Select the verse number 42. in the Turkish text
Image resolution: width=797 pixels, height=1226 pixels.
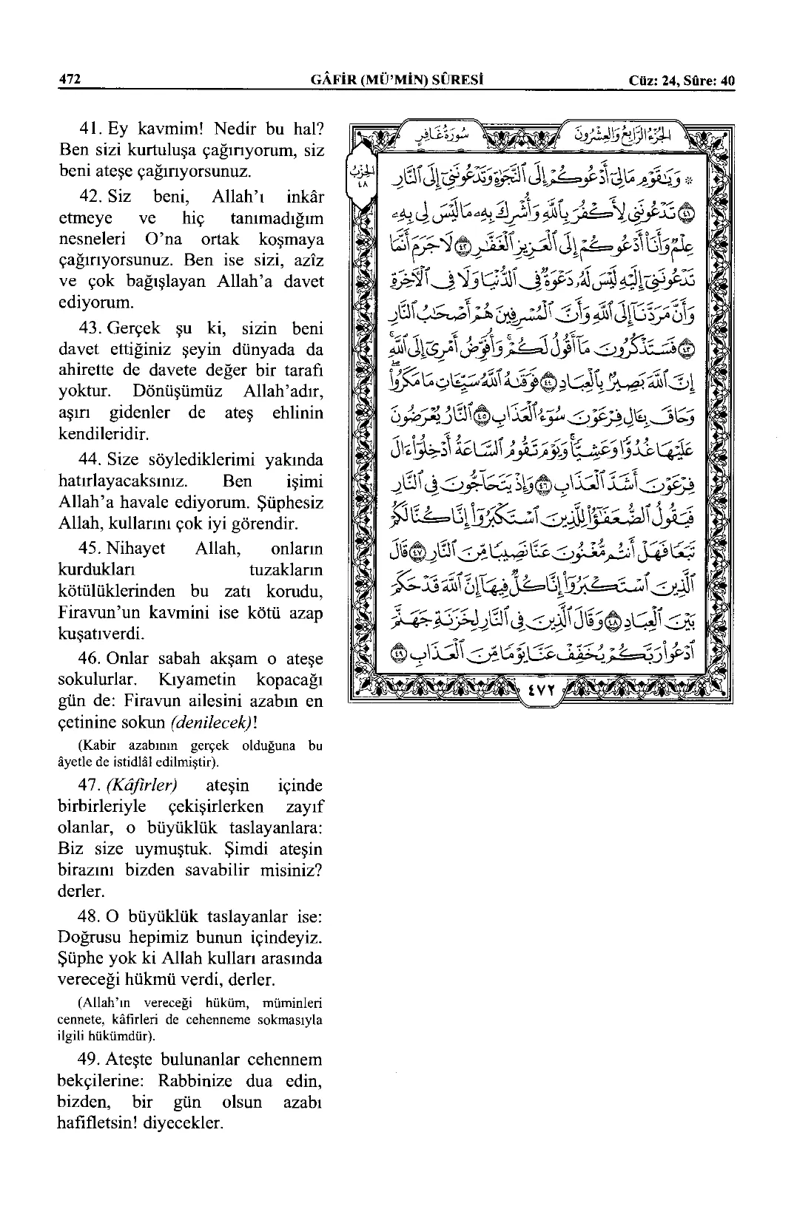click(x=92, y=198)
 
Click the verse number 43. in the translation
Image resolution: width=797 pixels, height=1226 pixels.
click(x=92, y=328)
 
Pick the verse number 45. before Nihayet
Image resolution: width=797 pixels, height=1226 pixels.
click(x=92, y=549)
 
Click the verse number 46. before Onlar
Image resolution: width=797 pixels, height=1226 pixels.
click(x=92, y=658)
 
